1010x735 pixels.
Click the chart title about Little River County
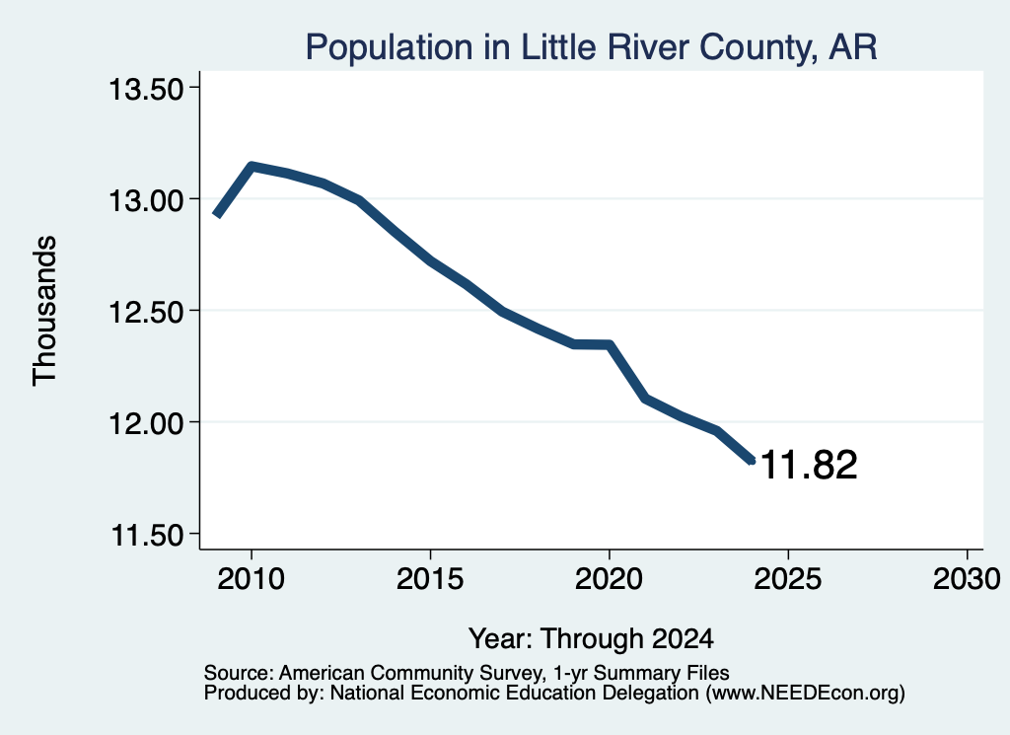pos(591,47)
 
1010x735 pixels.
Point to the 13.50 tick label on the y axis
pos(146,89)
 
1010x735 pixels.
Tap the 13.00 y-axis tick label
pos(146,200)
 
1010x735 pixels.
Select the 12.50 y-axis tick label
pos(146,312)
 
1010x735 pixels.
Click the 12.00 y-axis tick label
pos(146,424)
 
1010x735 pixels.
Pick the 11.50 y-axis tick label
pos(148,536)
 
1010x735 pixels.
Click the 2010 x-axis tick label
pos(251,579)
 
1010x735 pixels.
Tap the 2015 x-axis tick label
pos(430,579)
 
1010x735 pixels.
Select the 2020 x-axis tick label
pos(609,579)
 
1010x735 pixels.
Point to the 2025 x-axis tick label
pos(788,579)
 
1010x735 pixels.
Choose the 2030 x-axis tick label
pos(967,579)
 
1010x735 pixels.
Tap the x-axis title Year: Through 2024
pos(592,639)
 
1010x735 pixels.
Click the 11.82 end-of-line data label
pos(809,465)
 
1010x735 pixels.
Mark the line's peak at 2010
pos(252,166)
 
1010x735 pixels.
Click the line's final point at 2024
pos(751,461)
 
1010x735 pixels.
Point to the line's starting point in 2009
pos(216,215)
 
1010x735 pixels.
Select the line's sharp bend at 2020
pos(609,344)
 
